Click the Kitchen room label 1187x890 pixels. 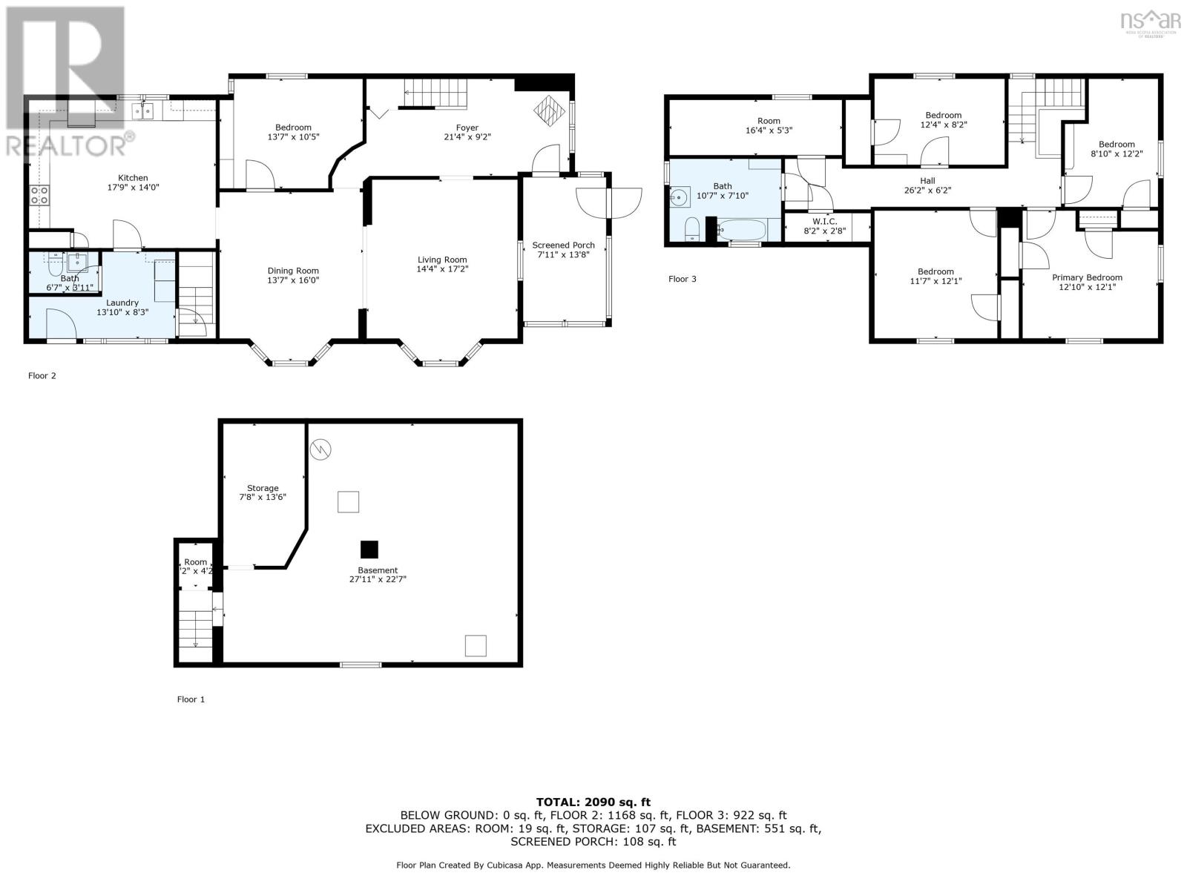[x=133, y=178]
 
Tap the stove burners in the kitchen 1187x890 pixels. [x=39, y=195]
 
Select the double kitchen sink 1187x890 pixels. [x=142, y=111]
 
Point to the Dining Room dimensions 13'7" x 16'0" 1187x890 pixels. [x=293, y=280]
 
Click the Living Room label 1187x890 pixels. [x=442, y=260]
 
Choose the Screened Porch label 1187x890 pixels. [x=563, y=245]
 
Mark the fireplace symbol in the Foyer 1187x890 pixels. [x=550, y=111]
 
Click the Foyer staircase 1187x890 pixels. [x=435, y=93]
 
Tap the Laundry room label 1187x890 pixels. [x=122, y=303]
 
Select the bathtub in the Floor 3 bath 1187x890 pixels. [x=741, y=230]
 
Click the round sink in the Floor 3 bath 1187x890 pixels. [x=680, y=197]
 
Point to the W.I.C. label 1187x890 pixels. [x=825, y=222]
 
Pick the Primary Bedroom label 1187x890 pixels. [x=1087, y=277]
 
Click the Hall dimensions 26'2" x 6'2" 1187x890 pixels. [x=927, y=190]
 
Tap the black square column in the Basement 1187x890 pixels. [x=369, y=550]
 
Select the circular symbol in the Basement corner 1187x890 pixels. [x=320, y=449]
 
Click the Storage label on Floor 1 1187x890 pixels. [x=263, y=488]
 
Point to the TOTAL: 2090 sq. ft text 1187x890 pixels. [x=593, y=802]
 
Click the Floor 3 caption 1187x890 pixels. [x=683, y=279]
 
